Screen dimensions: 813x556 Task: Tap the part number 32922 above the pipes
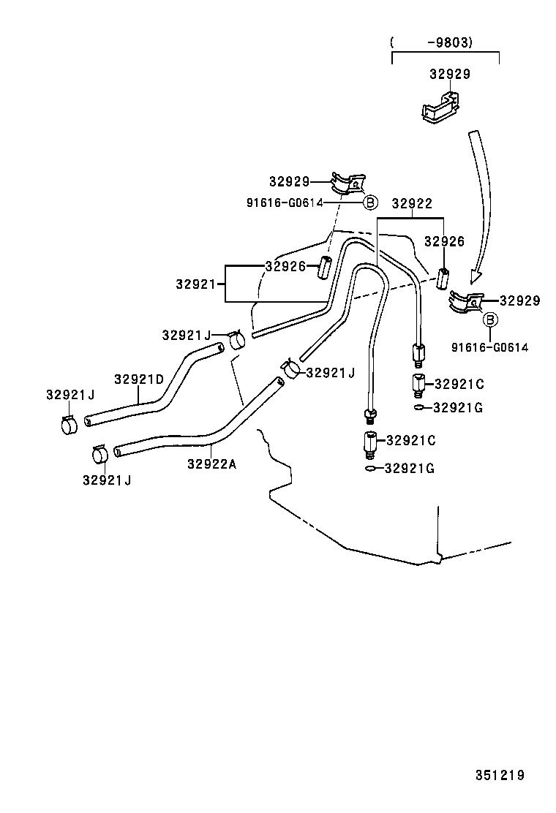point(411,204)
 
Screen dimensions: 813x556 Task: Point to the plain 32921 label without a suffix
point(197,283)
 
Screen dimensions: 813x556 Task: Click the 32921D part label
point(138,379)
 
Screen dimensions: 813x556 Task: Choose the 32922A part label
point(211,463)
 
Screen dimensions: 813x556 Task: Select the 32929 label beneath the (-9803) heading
point(449,74)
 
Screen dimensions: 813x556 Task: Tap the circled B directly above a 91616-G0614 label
point(490,319)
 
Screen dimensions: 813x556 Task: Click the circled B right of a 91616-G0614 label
point(370,203)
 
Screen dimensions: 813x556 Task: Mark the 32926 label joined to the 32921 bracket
point(285,267)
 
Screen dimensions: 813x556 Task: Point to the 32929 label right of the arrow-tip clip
point(519,300)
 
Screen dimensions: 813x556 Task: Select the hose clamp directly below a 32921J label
point(69,424)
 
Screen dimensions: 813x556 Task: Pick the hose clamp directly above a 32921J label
point(100,455)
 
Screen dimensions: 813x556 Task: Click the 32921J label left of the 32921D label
point(70,395)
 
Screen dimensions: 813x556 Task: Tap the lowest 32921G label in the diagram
point(409,468)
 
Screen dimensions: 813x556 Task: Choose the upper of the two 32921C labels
point(459,383)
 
